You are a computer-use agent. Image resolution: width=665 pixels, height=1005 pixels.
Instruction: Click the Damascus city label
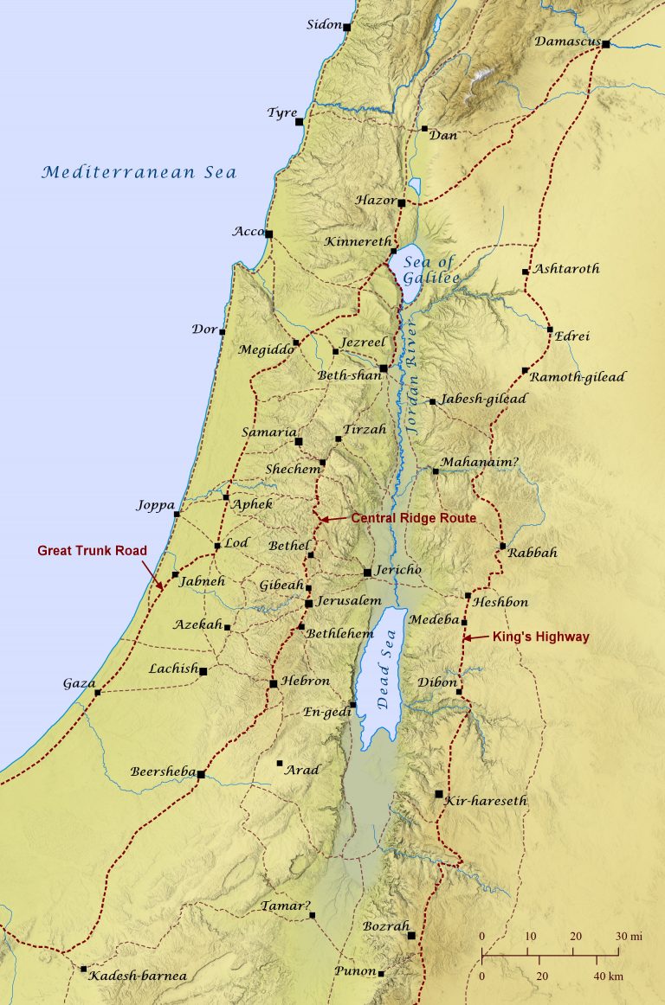click(567, 41)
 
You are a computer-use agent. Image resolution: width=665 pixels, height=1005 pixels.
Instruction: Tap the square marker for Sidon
click(347, 28)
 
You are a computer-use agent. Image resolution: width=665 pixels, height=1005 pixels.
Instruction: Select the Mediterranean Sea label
click(139, 172)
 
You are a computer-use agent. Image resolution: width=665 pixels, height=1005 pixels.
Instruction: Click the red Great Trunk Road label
click(93, 549)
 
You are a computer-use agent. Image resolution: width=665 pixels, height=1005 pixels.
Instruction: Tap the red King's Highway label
click(540, 637)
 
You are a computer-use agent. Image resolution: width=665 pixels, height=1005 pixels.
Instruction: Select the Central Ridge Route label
click(413, 518)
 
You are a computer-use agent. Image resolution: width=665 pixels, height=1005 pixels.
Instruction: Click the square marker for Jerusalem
click(308, 603)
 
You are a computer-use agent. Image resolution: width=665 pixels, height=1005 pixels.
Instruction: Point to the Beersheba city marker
click(201, 774)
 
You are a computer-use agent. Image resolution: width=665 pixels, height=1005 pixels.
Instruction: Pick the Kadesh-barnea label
click(138, 976)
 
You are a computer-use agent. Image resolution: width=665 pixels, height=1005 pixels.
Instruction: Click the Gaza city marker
click(97, 692)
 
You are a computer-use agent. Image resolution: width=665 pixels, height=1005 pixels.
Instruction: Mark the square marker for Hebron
click(273, 683)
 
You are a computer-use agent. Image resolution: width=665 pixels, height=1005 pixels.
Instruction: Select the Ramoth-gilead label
click(577, 377)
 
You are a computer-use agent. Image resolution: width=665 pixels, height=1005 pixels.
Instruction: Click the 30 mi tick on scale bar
click(618, 954)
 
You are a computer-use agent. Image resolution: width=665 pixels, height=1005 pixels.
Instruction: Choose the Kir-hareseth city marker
click(439, 793)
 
